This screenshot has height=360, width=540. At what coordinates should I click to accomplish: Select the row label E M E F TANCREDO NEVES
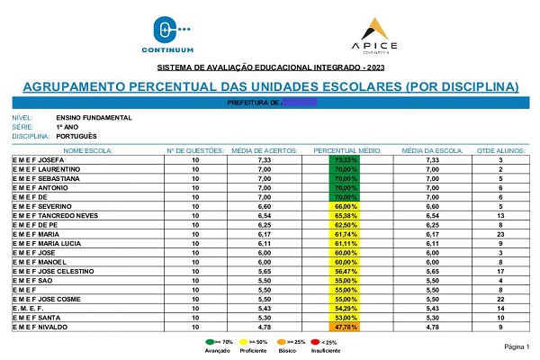coord(56,217)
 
